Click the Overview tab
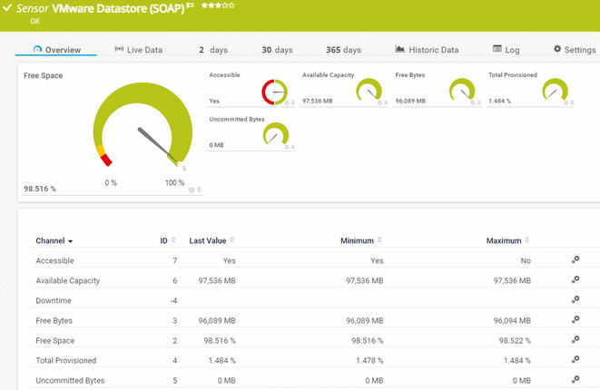click(x=56, y=50)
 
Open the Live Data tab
click(x=138, y=50)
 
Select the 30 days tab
click(x=278, y=50)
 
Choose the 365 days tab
click(x=343, y=50)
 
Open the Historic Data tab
click(x=427, y=50)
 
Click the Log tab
click(x=506, y=50)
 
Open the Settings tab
click(x=574, y=50)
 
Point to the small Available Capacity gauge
click(x=369, y=91)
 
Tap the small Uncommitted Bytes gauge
click(x=274, y=135)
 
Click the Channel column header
click(x=54, y=241)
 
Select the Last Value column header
click(x=208, y=241)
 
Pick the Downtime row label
click(x=53, y=300)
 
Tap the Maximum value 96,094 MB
click(x=511, y=320)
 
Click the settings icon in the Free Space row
click(x=575, y=340)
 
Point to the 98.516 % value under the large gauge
click(x=40, y=189)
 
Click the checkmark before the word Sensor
click(x=7, y=7)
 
